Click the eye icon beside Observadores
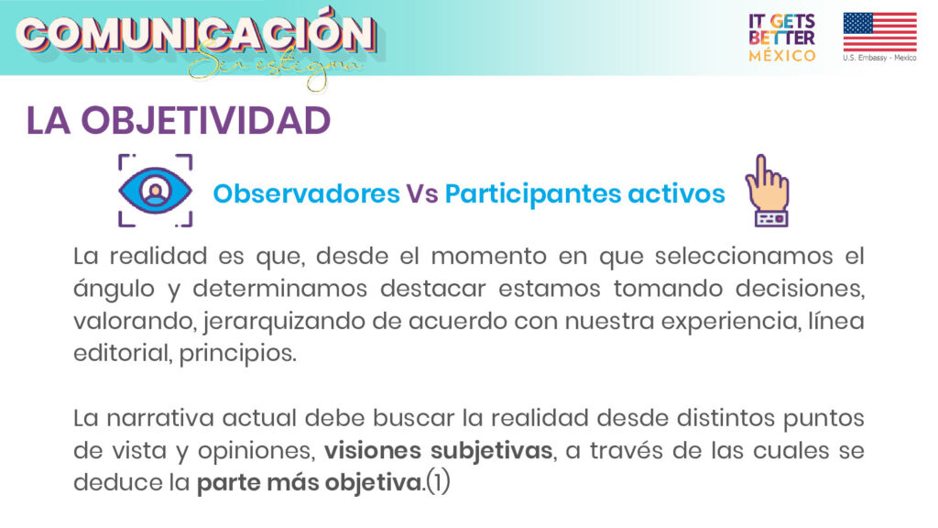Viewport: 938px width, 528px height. (155, 191)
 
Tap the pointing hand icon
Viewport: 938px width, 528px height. (768, 191)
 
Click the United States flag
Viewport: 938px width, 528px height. (879, 32)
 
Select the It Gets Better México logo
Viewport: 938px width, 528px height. (782, 38)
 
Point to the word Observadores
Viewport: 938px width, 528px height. (306, 193)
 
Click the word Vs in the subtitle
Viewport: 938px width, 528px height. (422, 193)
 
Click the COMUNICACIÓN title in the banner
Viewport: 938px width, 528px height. (196, 34)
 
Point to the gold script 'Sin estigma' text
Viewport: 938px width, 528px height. (274, 67)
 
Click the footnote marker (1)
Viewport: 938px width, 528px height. (438, 482)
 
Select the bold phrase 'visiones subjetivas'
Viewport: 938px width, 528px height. (439, 450)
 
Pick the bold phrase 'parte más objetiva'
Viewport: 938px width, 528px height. (310, 482)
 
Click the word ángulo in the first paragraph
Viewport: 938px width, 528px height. (115, 290)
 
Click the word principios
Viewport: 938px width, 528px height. (237, 354)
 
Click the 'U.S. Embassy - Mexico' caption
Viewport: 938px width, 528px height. (879, 58)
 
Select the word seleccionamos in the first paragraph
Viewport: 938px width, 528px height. (744, 257)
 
